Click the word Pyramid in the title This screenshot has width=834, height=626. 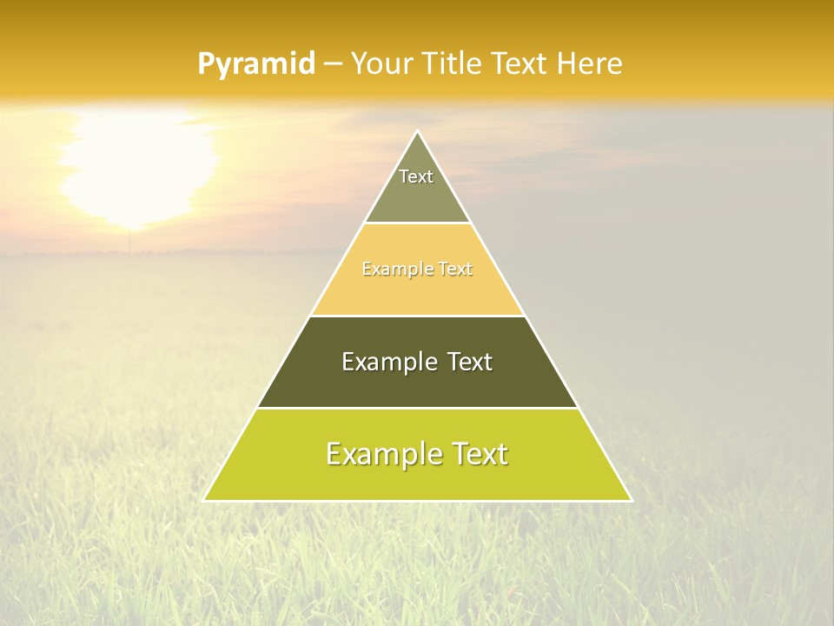click(x=255, y=64)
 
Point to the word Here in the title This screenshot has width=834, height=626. click(x=589, y=63)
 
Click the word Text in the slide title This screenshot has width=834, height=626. click(x=520, y=63)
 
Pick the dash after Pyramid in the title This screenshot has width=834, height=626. click(x=334, y=64)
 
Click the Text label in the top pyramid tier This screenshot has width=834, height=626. click(x=416, y=176)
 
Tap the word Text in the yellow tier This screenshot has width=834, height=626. click(x=455, y=270)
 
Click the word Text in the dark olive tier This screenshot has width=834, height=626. click(x=470, y=362)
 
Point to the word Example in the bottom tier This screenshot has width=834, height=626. click(x=382, y=454)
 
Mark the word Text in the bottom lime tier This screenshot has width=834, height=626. click(x=478, y=454)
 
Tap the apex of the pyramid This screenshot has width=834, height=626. click(x=417, y=132)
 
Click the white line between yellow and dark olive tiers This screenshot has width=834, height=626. click(x=417, y=316)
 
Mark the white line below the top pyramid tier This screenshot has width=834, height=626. click(x=417, y=223)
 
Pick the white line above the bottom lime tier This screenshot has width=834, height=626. click(x=417, y=408)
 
